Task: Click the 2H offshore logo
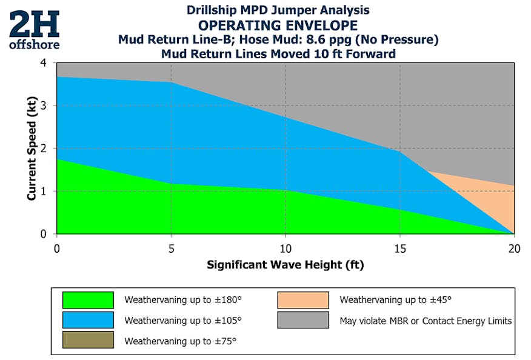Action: click(34, 30)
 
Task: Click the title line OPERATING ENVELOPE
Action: click(278, 25)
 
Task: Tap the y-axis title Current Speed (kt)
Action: click(32, 148)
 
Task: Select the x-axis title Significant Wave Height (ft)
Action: click(286, 265)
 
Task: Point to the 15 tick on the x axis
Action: click(399, 248)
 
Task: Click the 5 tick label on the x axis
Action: click(172, 248)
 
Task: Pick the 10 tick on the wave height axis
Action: click(286, 248)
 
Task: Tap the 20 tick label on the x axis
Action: click(513, 248)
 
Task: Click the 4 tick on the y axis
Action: click(44, 63)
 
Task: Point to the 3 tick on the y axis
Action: click(44, 106)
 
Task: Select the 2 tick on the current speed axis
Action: click(44, 148)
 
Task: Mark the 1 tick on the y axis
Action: click(44, 192)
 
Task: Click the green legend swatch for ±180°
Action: click(88, 300)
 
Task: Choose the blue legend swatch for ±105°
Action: click(88, 320)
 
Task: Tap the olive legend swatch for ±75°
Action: click(88, 340)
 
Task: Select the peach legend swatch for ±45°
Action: click(303, 300)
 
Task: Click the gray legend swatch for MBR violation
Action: click(303, 320)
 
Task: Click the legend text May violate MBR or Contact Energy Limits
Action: click(426, 321)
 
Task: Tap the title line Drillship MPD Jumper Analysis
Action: click(278, 10)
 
